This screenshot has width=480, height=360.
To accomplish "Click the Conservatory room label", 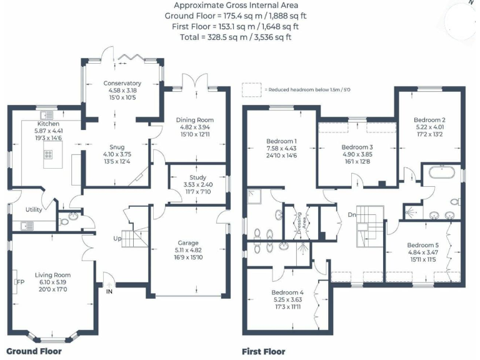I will click(x=122, y=83).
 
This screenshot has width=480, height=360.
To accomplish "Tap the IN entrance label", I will click(x=109, y=291).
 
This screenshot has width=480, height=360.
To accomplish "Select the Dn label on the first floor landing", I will click(x=352, y=216).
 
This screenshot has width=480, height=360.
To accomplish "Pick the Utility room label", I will click(x=34, y=209).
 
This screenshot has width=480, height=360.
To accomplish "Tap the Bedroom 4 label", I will click(x=287, y=292).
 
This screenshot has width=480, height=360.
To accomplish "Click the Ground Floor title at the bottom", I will click(x=34, y=351).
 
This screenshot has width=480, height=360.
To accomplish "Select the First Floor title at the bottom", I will click(x=264, y=351).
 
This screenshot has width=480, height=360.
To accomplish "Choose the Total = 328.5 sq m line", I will click(x=236, y=37).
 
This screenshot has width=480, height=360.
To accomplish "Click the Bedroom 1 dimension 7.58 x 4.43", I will click(x=282, y=148).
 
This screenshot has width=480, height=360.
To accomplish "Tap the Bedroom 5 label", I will click(x=423, y=245).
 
